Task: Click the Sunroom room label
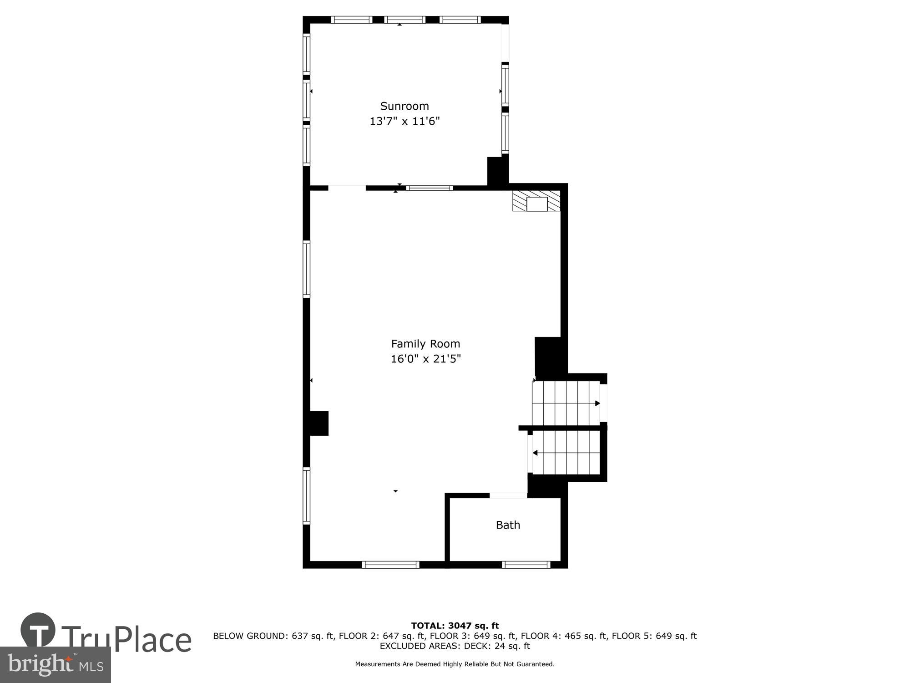click(404, 106)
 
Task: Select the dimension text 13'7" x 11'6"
click(404, 121)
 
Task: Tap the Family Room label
click(425, 344)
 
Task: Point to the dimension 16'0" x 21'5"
click(425, 359)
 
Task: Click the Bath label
click(508, 525)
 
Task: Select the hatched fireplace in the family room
click(536, 201)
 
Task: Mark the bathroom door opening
click(508, 495)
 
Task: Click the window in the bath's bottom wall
click(526, 565)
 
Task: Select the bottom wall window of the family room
click(390, 565)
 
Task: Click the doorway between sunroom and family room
click(347, 187)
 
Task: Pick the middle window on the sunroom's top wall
click(404, 20)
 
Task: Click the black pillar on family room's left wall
click(318, 423)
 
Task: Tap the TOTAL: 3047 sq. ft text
click(455, 626)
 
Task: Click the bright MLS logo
click(56, 665)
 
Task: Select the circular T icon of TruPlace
click(38, 631)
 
